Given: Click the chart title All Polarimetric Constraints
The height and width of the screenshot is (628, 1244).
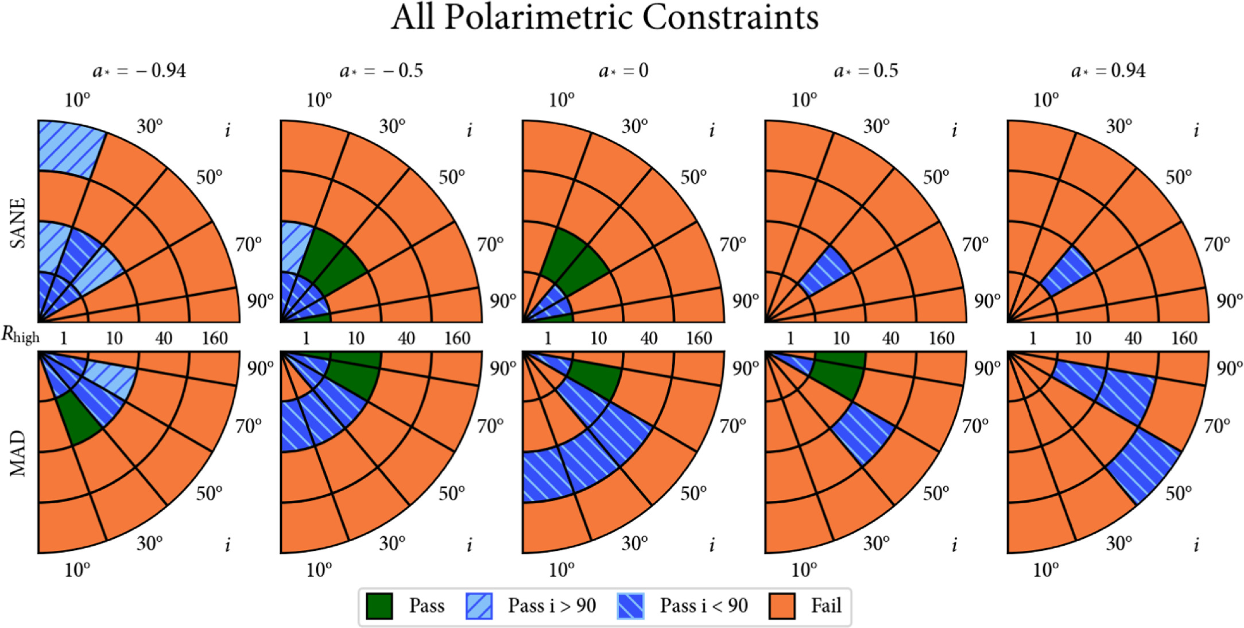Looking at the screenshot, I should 604,17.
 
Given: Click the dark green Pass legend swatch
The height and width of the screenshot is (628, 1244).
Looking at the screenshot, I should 379,606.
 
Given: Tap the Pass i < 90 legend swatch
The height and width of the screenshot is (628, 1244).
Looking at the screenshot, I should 630,606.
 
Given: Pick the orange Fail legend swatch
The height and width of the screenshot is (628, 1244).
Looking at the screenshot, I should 782,606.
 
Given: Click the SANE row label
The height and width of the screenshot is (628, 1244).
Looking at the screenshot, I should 18,223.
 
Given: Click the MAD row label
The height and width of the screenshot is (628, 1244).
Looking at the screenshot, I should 18,453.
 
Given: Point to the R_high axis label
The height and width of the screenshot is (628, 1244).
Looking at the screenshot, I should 21,335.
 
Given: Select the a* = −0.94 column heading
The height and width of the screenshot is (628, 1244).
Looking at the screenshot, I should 139,71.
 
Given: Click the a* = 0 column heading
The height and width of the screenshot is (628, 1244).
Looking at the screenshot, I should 623,71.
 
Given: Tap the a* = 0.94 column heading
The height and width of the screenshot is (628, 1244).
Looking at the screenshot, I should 1108,71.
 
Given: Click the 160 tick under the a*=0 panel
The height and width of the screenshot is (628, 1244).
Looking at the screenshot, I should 699,338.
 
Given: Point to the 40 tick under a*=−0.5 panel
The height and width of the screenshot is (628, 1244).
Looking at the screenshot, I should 406,338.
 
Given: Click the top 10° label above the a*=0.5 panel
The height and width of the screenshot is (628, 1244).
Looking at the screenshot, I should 804,101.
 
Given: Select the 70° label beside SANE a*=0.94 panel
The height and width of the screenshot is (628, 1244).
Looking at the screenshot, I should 1217,245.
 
